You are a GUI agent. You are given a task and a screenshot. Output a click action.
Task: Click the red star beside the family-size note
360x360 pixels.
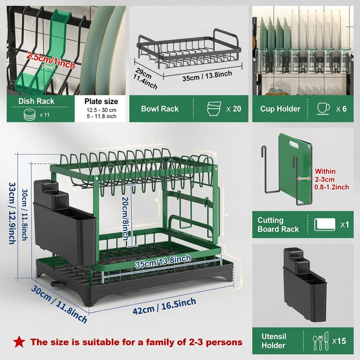tap(19, 342)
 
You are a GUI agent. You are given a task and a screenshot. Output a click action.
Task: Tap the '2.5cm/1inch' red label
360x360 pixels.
tap(51, 60)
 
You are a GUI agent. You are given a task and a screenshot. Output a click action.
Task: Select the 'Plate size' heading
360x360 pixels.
tap(101, 101)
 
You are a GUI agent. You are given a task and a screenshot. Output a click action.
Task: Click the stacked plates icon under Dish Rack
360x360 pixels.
tap(30, 114)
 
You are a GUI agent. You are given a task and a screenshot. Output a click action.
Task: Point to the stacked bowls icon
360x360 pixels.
tap(214, 109)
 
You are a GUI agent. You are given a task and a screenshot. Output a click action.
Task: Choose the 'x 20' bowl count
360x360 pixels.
tap(234, 109)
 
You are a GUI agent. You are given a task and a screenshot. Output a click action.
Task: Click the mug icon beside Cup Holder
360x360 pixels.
tap(323, 109)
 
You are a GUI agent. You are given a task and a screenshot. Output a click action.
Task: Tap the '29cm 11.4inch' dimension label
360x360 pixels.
tap(145, 78)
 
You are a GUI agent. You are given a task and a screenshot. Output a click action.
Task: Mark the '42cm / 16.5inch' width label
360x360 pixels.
tap(165, 306)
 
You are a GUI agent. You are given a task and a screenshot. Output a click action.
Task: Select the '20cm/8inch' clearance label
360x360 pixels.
tap(126, 218)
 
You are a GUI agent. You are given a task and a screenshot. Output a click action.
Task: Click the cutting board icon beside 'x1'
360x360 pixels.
tap(324, 224)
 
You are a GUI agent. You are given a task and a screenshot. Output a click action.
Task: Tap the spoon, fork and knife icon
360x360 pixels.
tap(321, 341)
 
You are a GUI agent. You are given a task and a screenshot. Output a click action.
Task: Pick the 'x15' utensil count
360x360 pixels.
tap(339, 341)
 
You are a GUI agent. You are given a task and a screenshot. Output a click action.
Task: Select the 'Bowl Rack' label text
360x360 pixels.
tap(160, 109)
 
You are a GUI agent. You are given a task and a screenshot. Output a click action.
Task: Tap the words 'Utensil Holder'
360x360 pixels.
tap(274, 341)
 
